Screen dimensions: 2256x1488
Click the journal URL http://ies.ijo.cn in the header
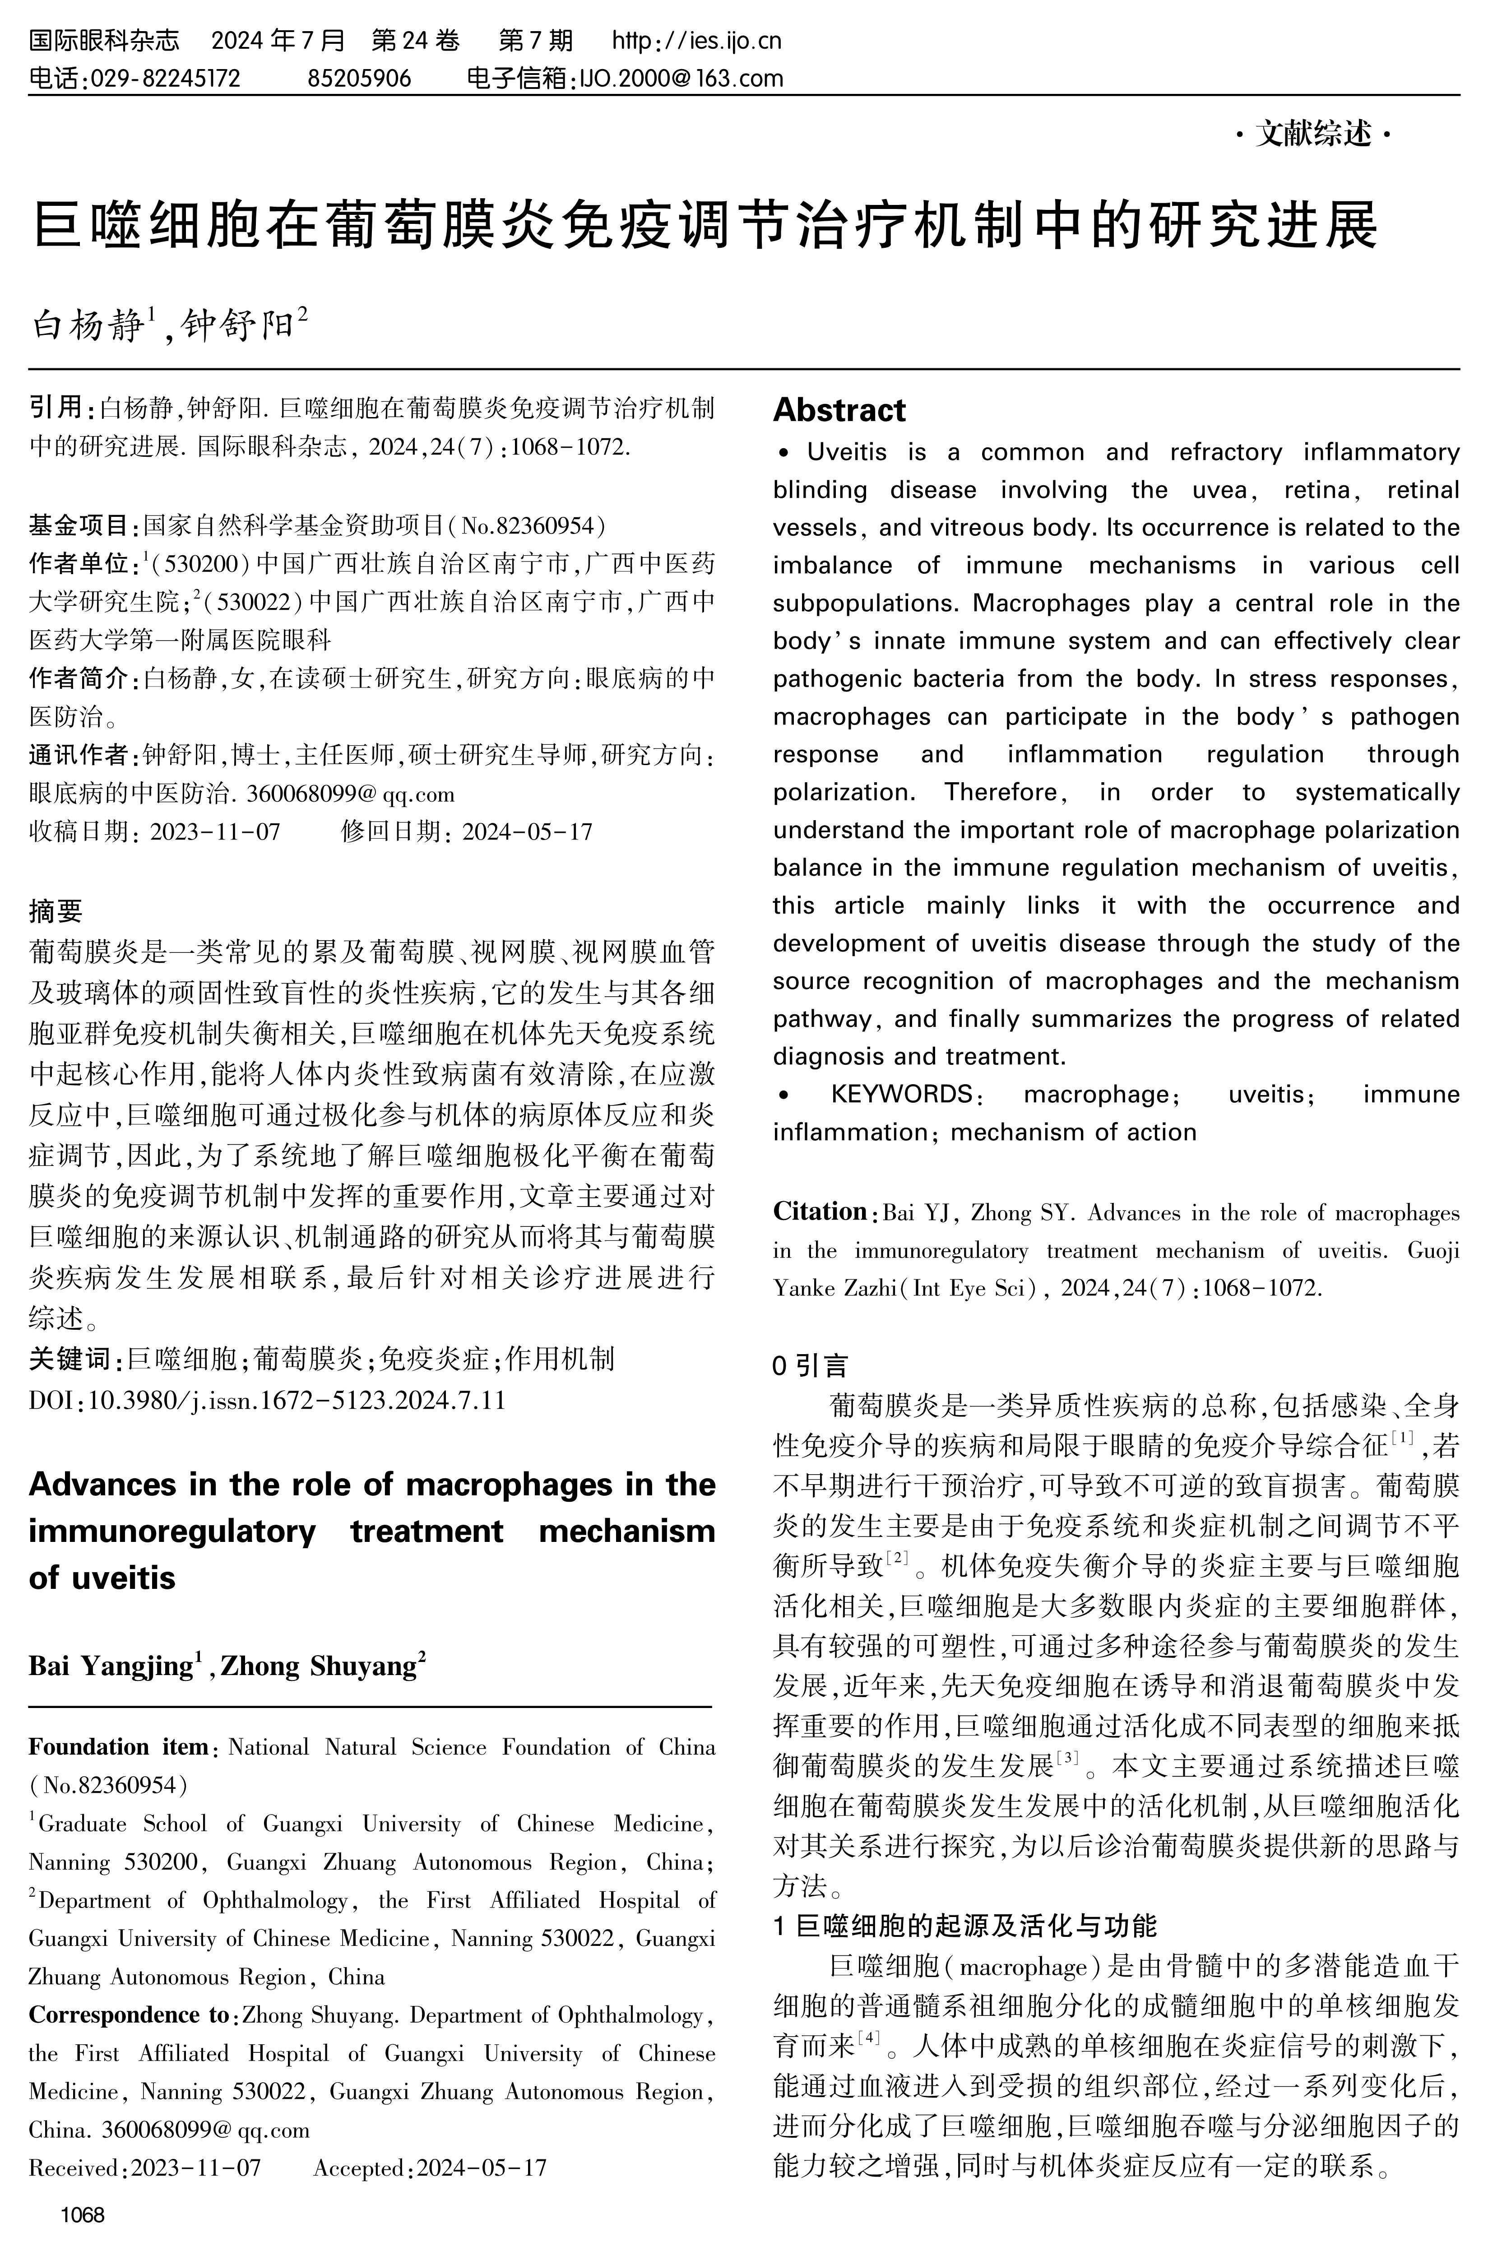click(x=696, y=41)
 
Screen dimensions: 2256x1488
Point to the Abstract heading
click(x=839, y=410)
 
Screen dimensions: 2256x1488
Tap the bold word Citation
click(x=819, y=1212)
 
